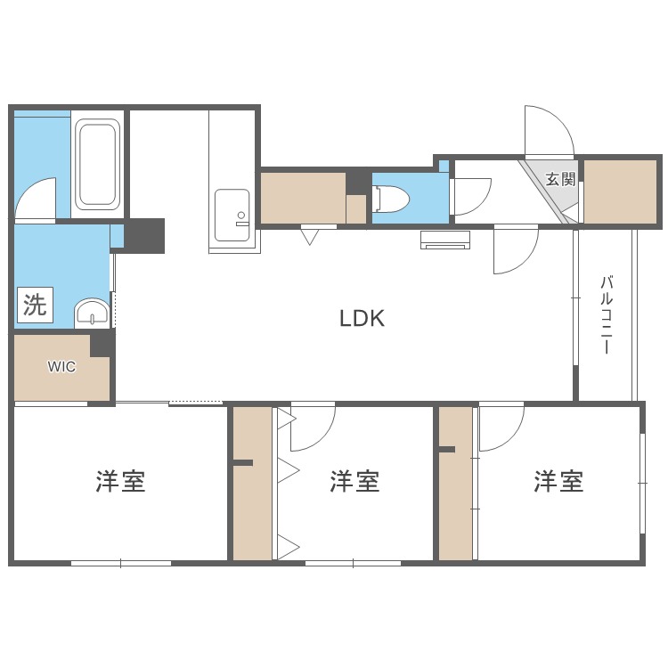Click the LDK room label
(x=362, y=318)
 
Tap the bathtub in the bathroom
(x=96, y=164)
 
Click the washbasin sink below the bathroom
(x=91, y=313)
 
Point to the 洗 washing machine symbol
(x=35, y=306)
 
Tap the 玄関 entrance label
(x=560, y=178)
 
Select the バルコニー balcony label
(x=606, y=315)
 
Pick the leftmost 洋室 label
(x=120, y=482)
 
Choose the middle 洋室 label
(x=354, y=482)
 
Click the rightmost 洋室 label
(x=558, y=482)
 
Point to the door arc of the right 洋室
(x=501, y=428)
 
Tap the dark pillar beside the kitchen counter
(x=144, y=235)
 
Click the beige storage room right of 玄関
(x=620, y=191)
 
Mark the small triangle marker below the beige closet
(x=309, y=236)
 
